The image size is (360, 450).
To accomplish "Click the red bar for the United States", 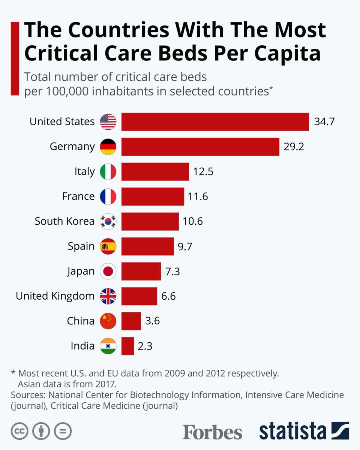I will click(x=215, y=122).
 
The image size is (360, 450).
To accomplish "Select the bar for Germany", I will click(x=200, y=147).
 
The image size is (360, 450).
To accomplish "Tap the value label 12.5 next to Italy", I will click(x=203, y=171).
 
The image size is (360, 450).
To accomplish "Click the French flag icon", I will click(x=108, y=196).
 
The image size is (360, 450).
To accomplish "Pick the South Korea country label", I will click(x=64, y=221).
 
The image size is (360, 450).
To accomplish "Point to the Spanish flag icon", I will click(x=108, y=246).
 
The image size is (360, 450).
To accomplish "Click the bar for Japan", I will click(x=141, y=271).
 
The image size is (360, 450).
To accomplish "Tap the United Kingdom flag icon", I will click(x=108, y=296).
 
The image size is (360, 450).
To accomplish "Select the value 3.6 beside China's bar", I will click(x=152, y=321).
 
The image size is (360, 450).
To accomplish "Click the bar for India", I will click(x=127, y=346).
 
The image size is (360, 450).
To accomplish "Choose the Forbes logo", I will click(x=212, y=432).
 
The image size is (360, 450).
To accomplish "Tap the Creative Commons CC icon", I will click(x=20, y=431).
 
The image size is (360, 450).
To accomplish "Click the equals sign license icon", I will click(x=63, y=431).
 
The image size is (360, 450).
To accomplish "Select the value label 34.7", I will click(x=324, y=122).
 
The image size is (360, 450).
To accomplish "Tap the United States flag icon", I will click(x=108, y=122).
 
